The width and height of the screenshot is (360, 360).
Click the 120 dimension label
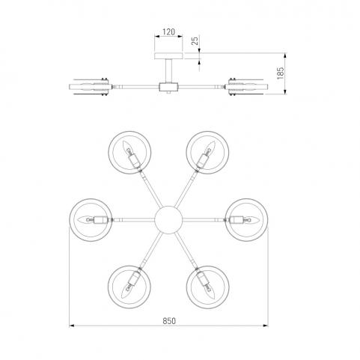[x=169, y=32]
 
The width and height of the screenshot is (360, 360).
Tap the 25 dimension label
[x=195, y=40]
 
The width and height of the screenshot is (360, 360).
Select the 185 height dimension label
[x=281, y=73]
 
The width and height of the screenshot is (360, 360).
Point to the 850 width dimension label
[x=169, y=321]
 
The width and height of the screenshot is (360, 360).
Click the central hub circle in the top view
[x=168, y=220]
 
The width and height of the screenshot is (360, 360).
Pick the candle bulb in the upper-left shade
[x=127, y=148]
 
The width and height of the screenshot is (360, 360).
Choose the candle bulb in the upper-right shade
[x=210, y=148]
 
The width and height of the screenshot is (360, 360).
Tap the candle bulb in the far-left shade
[x=85, y=220]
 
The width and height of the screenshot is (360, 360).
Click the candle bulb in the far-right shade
[x=251, y=220]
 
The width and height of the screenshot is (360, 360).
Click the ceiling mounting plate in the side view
[x=168, y=56]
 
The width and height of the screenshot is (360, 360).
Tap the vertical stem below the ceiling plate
[x=168, y=71]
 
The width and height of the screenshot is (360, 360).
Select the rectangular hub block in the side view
[x=168, y=87]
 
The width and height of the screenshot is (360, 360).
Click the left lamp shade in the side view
[x=89, y=87]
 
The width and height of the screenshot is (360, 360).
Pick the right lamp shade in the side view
[x=248, y=87]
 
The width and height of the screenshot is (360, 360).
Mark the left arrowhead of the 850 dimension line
[x=72, y=326]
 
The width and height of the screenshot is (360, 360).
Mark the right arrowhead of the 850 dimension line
[x=266, y=326]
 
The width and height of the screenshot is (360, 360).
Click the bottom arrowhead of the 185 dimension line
[x=285, y=92]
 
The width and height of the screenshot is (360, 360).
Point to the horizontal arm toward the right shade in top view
[x=204, y=220]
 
